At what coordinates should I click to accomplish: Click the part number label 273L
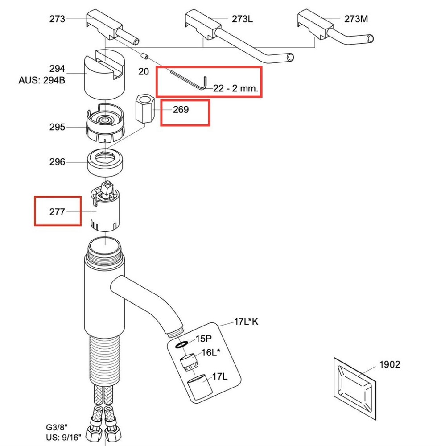tap(242, 19)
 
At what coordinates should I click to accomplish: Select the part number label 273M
tap(356, 19)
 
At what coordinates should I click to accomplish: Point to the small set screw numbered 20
tap(145, 57)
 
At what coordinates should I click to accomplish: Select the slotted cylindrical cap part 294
tap(105, 75)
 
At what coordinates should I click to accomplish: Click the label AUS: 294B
tap(42, 80)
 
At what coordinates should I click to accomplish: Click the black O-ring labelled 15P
tap(181, 344)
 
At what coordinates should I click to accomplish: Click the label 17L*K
tap(246, 322)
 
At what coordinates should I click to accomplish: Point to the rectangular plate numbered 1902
tap(355, 388)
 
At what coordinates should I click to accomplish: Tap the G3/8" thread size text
tap(57, 427)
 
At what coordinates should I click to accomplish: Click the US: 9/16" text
tap(64, 437)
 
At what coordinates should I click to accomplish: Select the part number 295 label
tap(57, 127)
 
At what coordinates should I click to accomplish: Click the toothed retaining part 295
tap(105, 123)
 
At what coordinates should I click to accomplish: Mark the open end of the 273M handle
tap(370, 39)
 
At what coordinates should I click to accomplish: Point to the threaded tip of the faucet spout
tap(175, 333)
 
